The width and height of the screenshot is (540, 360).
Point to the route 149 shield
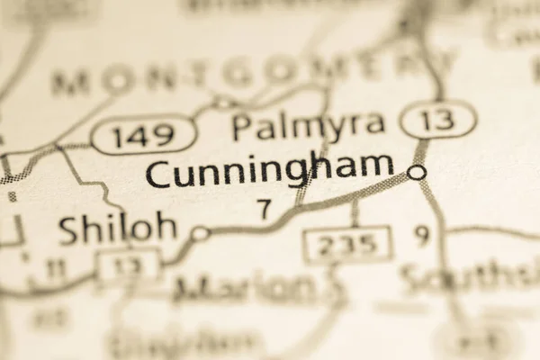144,136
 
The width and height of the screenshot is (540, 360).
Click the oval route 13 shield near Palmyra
438,120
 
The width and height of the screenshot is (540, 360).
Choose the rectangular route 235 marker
347,244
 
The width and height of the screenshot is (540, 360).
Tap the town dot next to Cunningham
417,171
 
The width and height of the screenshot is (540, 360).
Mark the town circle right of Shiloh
200,233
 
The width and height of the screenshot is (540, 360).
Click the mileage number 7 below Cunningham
264,209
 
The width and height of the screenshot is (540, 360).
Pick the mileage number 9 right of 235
422,236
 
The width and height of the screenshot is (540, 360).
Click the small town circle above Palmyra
223,103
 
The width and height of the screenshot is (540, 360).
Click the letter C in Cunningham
158,172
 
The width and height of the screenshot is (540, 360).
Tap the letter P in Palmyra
241,127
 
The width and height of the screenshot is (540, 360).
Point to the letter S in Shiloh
70,230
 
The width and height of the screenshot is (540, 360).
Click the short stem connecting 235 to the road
355,213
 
